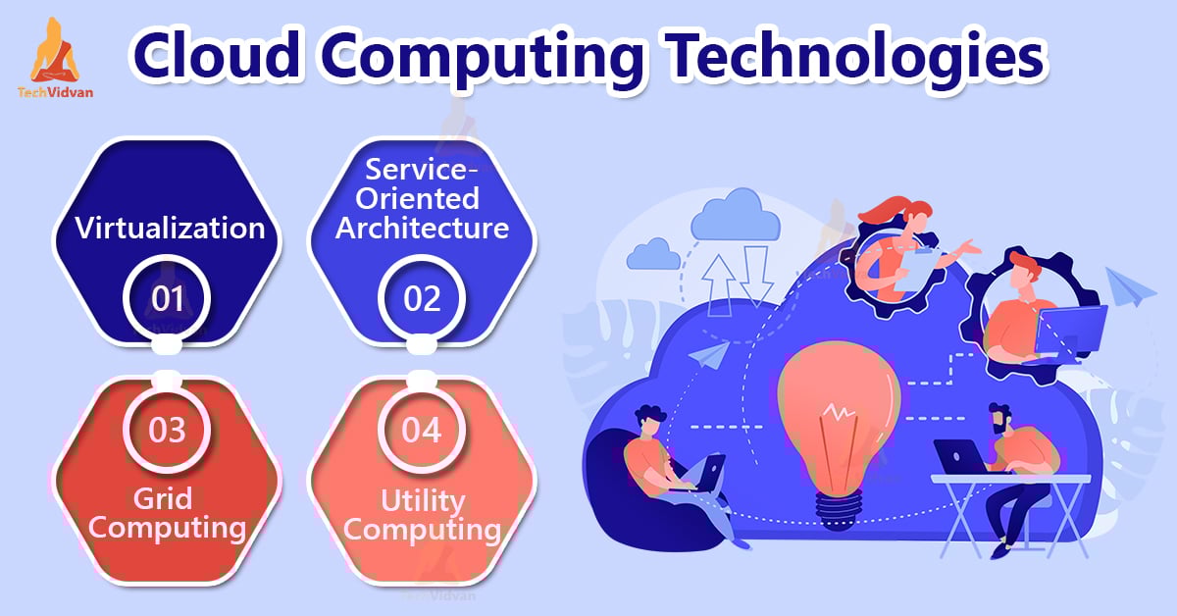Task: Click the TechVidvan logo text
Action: coord(55,92)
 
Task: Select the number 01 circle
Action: coord(167,298)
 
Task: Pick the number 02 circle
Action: coord(422,298)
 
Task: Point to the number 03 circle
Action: coord(167,430)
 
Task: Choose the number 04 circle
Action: coord(422,430)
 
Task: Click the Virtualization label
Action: coord(170,229)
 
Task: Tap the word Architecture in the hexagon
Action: coord(422,229)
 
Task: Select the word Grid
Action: coord(163,498)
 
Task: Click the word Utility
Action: coord(423,501)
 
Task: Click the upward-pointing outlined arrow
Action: coord(719,285)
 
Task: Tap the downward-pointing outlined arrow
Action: coord(756,277)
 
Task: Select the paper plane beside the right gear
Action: coord(1130,285)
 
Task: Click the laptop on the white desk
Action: coord(960,457)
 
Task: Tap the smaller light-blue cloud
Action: coord(653,254)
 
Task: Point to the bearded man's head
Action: coord(1000,419)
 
